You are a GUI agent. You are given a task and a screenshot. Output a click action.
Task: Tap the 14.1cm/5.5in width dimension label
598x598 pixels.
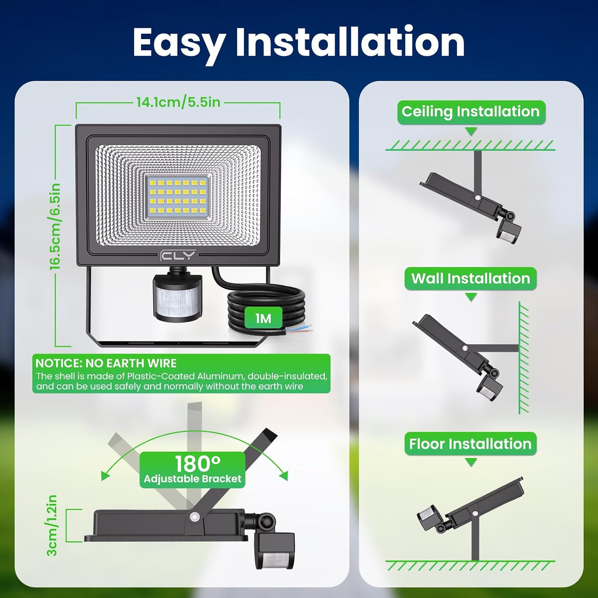[178, 102]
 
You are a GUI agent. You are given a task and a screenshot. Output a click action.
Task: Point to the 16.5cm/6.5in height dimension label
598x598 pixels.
[55, 226]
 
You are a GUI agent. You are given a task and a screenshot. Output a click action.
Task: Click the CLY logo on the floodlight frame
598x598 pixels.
[178, 255]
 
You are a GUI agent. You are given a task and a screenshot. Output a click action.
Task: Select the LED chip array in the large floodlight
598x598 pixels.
[177, 197]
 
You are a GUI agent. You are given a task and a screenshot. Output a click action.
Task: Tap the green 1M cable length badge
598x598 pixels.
[263, 318]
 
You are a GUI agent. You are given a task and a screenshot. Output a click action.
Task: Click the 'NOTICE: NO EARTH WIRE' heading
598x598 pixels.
[106, 363]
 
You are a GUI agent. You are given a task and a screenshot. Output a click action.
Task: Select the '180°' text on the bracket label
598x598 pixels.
[198, 464]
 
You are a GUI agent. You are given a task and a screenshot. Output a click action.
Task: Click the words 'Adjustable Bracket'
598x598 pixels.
[193, 479]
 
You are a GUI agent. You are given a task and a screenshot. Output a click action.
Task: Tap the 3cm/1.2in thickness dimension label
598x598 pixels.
[52, 525]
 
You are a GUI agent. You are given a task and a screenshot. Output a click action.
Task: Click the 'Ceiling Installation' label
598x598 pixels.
[471, 112]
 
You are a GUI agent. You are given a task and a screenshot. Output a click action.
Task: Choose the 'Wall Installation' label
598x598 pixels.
[471, 278]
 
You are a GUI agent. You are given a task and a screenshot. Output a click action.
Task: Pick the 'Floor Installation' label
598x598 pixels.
[470, 444]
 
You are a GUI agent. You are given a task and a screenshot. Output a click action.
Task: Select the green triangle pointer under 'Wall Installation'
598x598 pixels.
[471, 297]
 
